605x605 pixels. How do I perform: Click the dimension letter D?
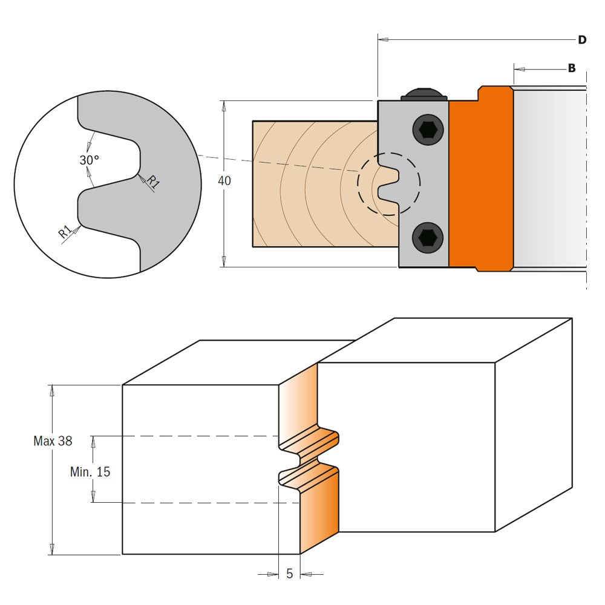[x=581, y=40]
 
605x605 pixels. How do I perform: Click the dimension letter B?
[x=571, y=68]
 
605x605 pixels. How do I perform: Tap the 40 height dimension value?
[x=224, y=180]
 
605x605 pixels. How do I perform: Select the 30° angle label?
[x=90, y=160]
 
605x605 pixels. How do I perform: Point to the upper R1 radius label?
[x=152, y=183]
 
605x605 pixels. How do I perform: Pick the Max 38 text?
[x=53, y=441]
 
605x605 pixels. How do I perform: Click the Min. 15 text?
[x=90, y=472]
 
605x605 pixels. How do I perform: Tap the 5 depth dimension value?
[x=289, y=574]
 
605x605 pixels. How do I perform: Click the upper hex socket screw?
[x=427, y=129]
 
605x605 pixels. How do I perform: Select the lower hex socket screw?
[x=427, y=238]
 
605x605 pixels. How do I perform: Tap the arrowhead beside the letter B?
[x=518, y=68]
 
